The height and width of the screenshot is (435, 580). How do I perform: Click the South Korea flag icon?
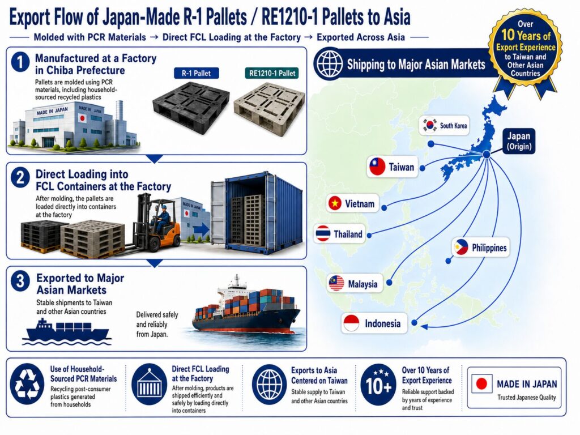(430, 125)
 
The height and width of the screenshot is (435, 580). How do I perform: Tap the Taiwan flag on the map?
(377, 167)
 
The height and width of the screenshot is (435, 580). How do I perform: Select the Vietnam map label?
(352, 203)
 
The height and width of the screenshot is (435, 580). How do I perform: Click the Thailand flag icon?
(323, 234)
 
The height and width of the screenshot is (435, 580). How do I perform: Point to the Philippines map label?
(480, 248)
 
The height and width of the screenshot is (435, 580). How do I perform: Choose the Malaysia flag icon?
(336, 284)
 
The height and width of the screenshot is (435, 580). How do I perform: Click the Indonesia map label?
(374, 323)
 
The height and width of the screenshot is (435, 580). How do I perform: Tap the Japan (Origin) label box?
(519, 141)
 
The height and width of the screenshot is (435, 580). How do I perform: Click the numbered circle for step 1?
(21, 62)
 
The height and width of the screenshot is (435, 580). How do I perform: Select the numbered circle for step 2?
(21, 177)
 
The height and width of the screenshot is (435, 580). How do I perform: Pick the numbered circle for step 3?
(21, 281)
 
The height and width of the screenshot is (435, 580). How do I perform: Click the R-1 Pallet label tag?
(196, 73)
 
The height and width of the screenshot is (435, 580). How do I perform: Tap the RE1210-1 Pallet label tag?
(272, 73)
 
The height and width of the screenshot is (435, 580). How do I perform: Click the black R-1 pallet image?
(191, 109)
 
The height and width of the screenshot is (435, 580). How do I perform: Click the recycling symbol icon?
(27, 384)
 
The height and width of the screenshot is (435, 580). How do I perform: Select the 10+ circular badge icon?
(378, 385)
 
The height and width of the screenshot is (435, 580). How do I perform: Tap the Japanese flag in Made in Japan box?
(481, 384)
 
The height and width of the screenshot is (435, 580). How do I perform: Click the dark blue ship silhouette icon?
(67, 331)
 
